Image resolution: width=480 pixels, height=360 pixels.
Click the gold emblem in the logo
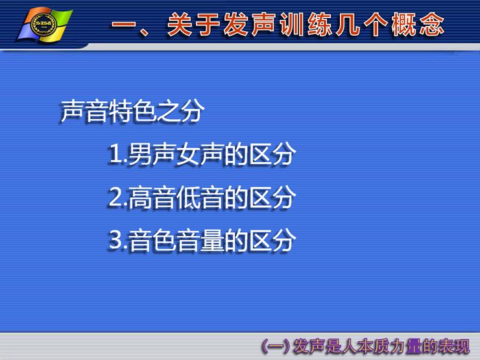pyautogui.click(x=44, y=25)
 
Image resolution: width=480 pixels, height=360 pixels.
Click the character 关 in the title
pyautogui.click(x=180, y=25)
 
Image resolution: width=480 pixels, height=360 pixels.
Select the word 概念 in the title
pyautogui.click(x=417, y=25)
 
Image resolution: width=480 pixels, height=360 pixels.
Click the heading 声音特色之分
pyautogui.click(x=132, y=111)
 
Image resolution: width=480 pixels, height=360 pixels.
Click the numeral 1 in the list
pyautogui.click(x=115, y=154)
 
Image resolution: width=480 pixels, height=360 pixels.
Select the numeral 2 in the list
pyautogui.click(x=115, y=197)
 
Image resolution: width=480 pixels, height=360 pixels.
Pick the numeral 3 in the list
pyautogui.click(x=115, y=240)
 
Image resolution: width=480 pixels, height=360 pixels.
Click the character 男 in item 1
pyautogui.click(x=140, y=154)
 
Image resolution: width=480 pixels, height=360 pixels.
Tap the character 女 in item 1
pyautogui.click(x=188, y=154)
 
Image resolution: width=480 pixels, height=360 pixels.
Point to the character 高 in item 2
pyautogui.click(x=140, y=197)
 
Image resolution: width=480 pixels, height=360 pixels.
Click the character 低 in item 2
pyautogui.click(x=188, y=197)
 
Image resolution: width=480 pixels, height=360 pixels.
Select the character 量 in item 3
pyautogui.click(x=212, y=240)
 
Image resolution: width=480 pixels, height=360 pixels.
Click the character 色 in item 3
pyautogui.click(x=164, y=240)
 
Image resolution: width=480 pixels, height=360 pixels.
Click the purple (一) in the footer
pyautogui.click(x=275, y=346)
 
